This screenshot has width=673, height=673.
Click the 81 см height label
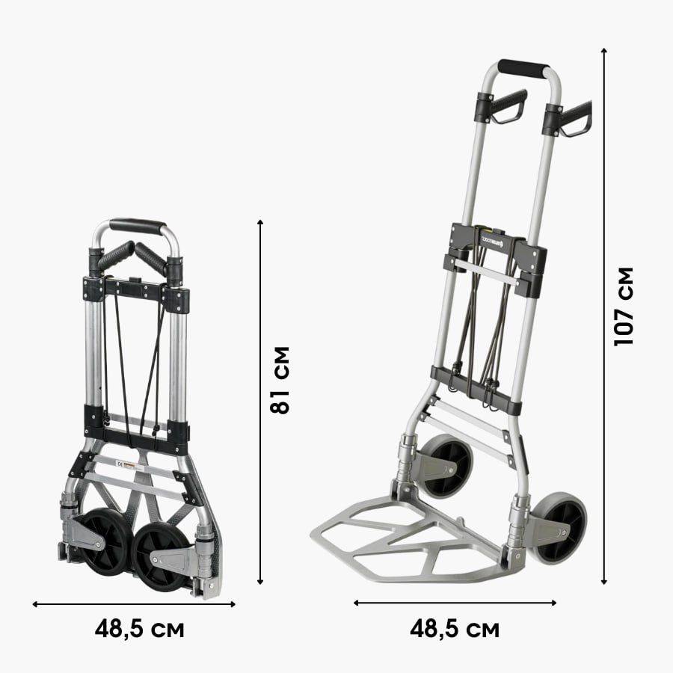point(280,380)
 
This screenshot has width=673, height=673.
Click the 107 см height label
point(624,307)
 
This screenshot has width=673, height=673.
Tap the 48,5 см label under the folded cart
point(140,629)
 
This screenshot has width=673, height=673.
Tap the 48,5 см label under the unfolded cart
point(455,629)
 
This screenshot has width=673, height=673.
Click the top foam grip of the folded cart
point(138,226)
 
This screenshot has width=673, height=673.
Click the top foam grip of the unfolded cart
point(523,68)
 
